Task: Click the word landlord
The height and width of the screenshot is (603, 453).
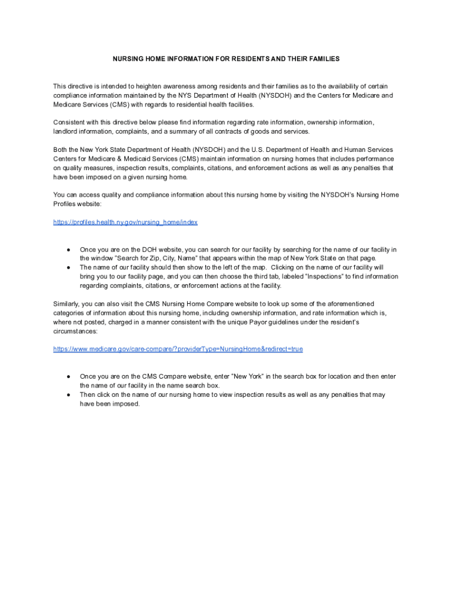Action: coord(67,131)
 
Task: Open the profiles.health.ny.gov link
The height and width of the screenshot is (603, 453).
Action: coord(125,222)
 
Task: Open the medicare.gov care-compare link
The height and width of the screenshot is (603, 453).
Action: coord(178,349)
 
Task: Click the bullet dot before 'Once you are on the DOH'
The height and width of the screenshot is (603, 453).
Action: coord(69,250)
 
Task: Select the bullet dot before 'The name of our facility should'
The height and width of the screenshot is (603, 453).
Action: coord(69,267)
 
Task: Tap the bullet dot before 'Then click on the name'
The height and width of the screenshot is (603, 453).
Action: coord(69,395)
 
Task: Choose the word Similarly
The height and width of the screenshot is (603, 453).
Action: coord(69,304)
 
